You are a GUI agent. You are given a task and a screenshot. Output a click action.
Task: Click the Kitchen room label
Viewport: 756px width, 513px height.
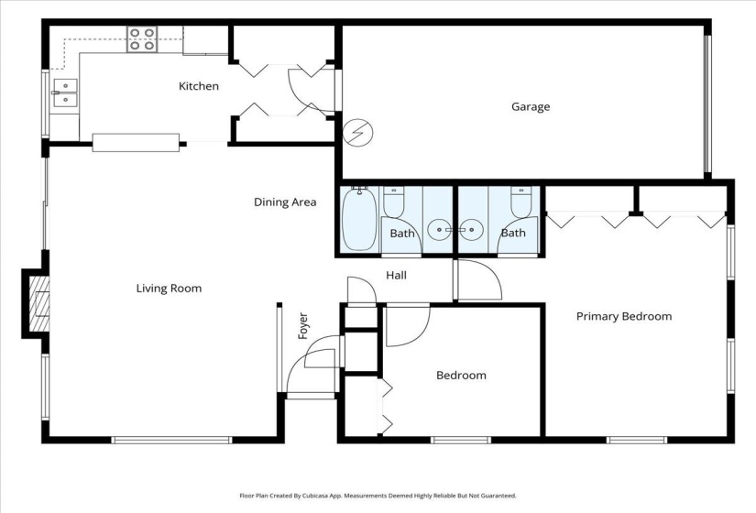198,86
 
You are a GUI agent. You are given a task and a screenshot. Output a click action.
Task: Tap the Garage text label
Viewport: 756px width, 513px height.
531,107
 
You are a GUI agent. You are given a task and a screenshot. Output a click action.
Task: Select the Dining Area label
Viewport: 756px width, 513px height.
285,202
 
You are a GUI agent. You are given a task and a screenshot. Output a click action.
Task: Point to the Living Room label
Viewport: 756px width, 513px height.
169,289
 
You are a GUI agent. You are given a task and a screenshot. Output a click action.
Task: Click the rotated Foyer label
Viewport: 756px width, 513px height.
303,326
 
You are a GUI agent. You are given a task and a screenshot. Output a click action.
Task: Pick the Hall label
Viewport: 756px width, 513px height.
396,275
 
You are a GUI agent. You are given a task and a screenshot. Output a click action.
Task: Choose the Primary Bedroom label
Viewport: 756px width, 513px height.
623,317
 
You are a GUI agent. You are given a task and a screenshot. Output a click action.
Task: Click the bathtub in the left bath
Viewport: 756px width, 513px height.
358,219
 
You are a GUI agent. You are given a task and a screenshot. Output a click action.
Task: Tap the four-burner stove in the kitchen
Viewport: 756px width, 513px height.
142,39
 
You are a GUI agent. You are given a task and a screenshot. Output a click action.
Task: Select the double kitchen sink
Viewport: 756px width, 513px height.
64,93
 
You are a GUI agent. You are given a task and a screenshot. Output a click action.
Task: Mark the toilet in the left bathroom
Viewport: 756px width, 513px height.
394,202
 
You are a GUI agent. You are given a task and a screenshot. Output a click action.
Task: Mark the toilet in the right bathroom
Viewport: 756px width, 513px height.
520,202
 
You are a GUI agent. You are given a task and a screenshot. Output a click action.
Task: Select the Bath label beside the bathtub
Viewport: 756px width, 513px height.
402,234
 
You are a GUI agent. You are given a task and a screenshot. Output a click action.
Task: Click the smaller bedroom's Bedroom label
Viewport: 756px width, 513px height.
461,376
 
